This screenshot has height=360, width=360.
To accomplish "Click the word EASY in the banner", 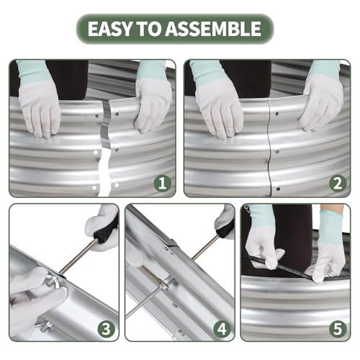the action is coord(109,29).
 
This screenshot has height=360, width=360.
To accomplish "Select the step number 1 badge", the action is coord(163,184).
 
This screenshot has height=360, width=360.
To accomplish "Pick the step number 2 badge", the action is coord(338,184).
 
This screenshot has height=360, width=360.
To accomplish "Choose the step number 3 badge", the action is coord(106,329).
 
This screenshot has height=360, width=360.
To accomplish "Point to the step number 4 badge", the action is coord(222,329).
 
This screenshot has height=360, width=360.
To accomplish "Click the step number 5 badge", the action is coord(338,329).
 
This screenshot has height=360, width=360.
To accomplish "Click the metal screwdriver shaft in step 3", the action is coord(78,256).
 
